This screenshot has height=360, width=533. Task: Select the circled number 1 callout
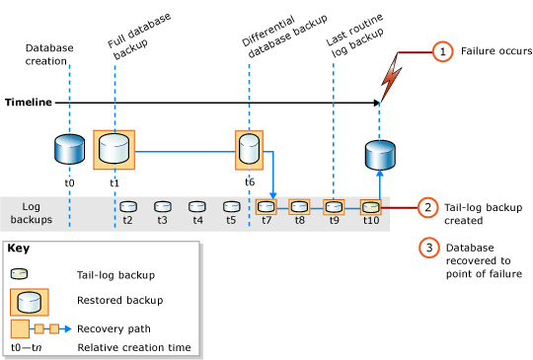(x=443, y=51)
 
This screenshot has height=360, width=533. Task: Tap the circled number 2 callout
(x=427, y=207)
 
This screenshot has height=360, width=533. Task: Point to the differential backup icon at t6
(x=250, y=150)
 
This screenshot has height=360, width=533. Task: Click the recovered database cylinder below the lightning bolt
(x=380, y=156)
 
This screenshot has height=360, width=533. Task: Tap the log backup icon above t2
(x=127, y=207)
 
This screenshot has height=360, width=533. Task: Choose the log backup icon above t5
(x=231, y=207)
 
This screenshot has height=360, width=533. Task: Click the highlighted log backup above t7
(x=266, y=207)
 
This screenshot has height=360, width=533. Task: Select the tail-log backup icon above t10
(x=369, y=207)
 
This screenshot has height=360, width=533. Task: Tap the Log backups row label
(x=33, y=214)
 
